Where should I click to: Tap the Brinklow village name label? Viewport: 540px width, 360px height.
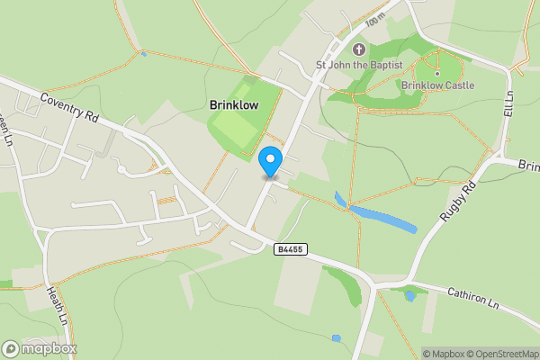coord(234,104)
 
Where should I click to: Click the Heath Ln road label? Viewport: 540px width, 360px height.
coord(56,307)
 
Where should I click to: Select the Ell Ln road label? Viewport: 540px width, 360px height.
coord(508,103)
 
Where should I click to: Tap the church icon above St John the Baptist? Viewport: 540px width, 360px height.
coord(359,49)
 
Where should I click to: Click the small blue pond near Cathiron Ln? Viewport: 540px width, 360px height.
coord(410,295)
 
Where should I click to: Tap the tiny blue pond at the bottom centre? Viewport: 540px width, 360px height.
coord(336,338)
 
